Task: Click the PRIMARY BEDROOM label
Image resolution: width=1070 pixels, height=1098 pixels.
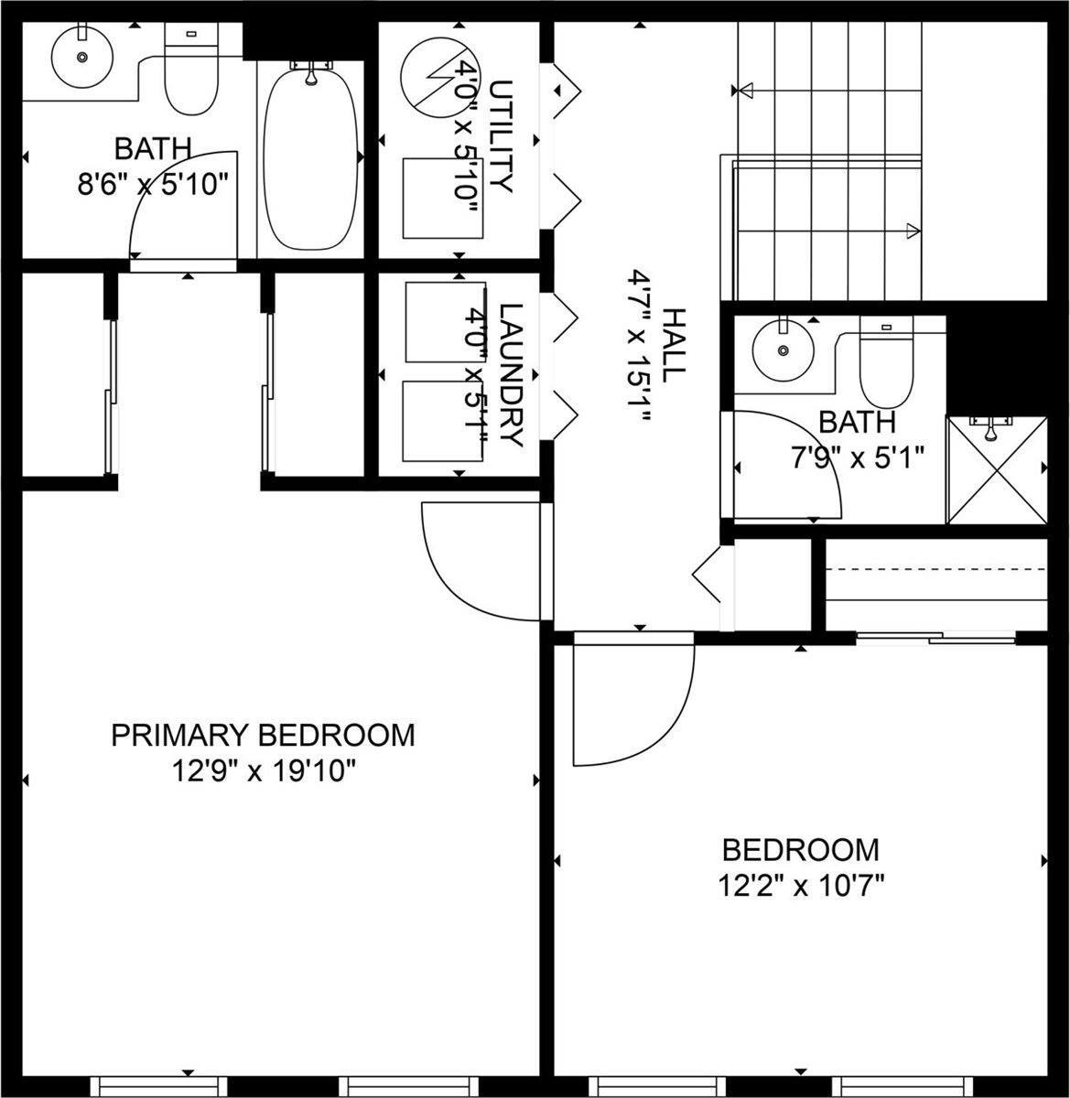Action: [263, 735]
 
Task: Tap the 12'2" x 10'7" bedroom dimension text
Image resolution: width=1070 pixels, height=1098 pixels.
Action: [801, 886]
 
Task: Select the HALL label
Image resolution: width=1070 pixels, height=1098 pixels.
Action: [672, 345]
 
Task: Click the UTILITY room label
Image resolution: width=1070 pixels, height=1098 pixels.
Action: [500, 136]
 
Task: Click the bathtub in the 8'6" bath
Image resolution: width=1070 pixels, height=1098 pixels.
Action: [310, 155]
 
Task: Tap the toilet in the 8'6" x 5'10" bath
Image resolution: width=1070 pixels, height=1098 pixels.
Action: [191, 74]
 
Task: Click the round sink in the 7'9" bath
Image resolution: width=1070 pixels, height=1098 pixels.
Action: [783, 350]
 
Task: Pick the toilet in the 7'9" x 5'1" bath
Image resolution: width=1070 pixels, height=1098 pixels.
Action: [886, 365]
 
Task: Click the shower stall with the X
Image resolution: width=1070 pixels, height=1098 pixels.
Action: [996, 470]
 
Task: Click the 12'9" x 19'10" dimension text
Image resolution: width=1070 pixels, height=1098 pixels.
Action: [264, 772]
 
